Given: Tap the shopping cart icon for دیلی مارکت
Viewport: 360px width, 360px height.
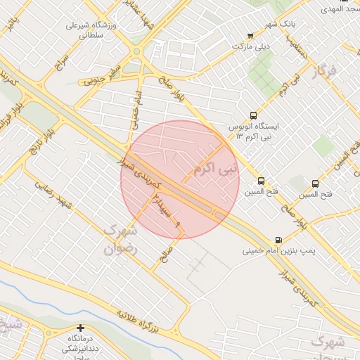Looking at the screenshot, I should coord(250,36).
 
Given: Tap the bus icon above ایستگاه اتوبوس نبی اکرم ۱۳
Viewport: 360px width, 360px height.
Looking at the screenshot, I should coord(253,115).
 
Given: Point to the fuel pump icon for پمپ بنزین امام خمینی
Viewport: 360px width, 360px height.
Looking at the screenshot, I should coord(279,240).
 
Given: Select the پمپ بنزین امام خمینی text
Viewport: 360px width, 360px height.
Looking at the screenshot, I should coord(281,250).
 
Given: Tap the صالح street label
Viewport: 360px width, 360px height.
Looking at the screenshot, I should coord(167,254).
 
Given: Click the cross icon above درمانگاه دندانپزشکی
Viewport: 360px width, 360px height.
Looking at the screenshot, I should coord(80,328).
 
